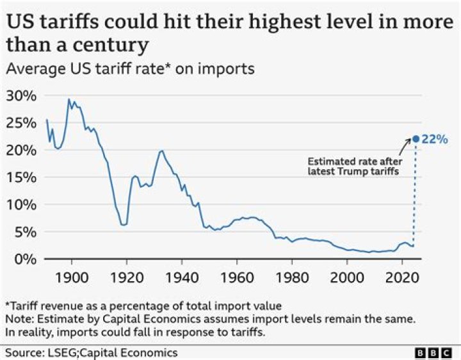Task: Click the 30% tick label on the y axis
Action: [22, 95]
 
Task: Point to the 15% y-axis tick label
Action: [22, 177]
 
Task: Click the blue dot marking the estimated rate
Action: [415, 138]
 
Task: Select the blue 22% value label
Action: [435, 139]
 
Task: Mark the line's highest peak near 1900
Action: [69, 99]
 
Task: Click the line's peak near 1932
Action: [161, 151]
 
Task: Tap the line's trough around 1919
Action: [124, 225]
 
